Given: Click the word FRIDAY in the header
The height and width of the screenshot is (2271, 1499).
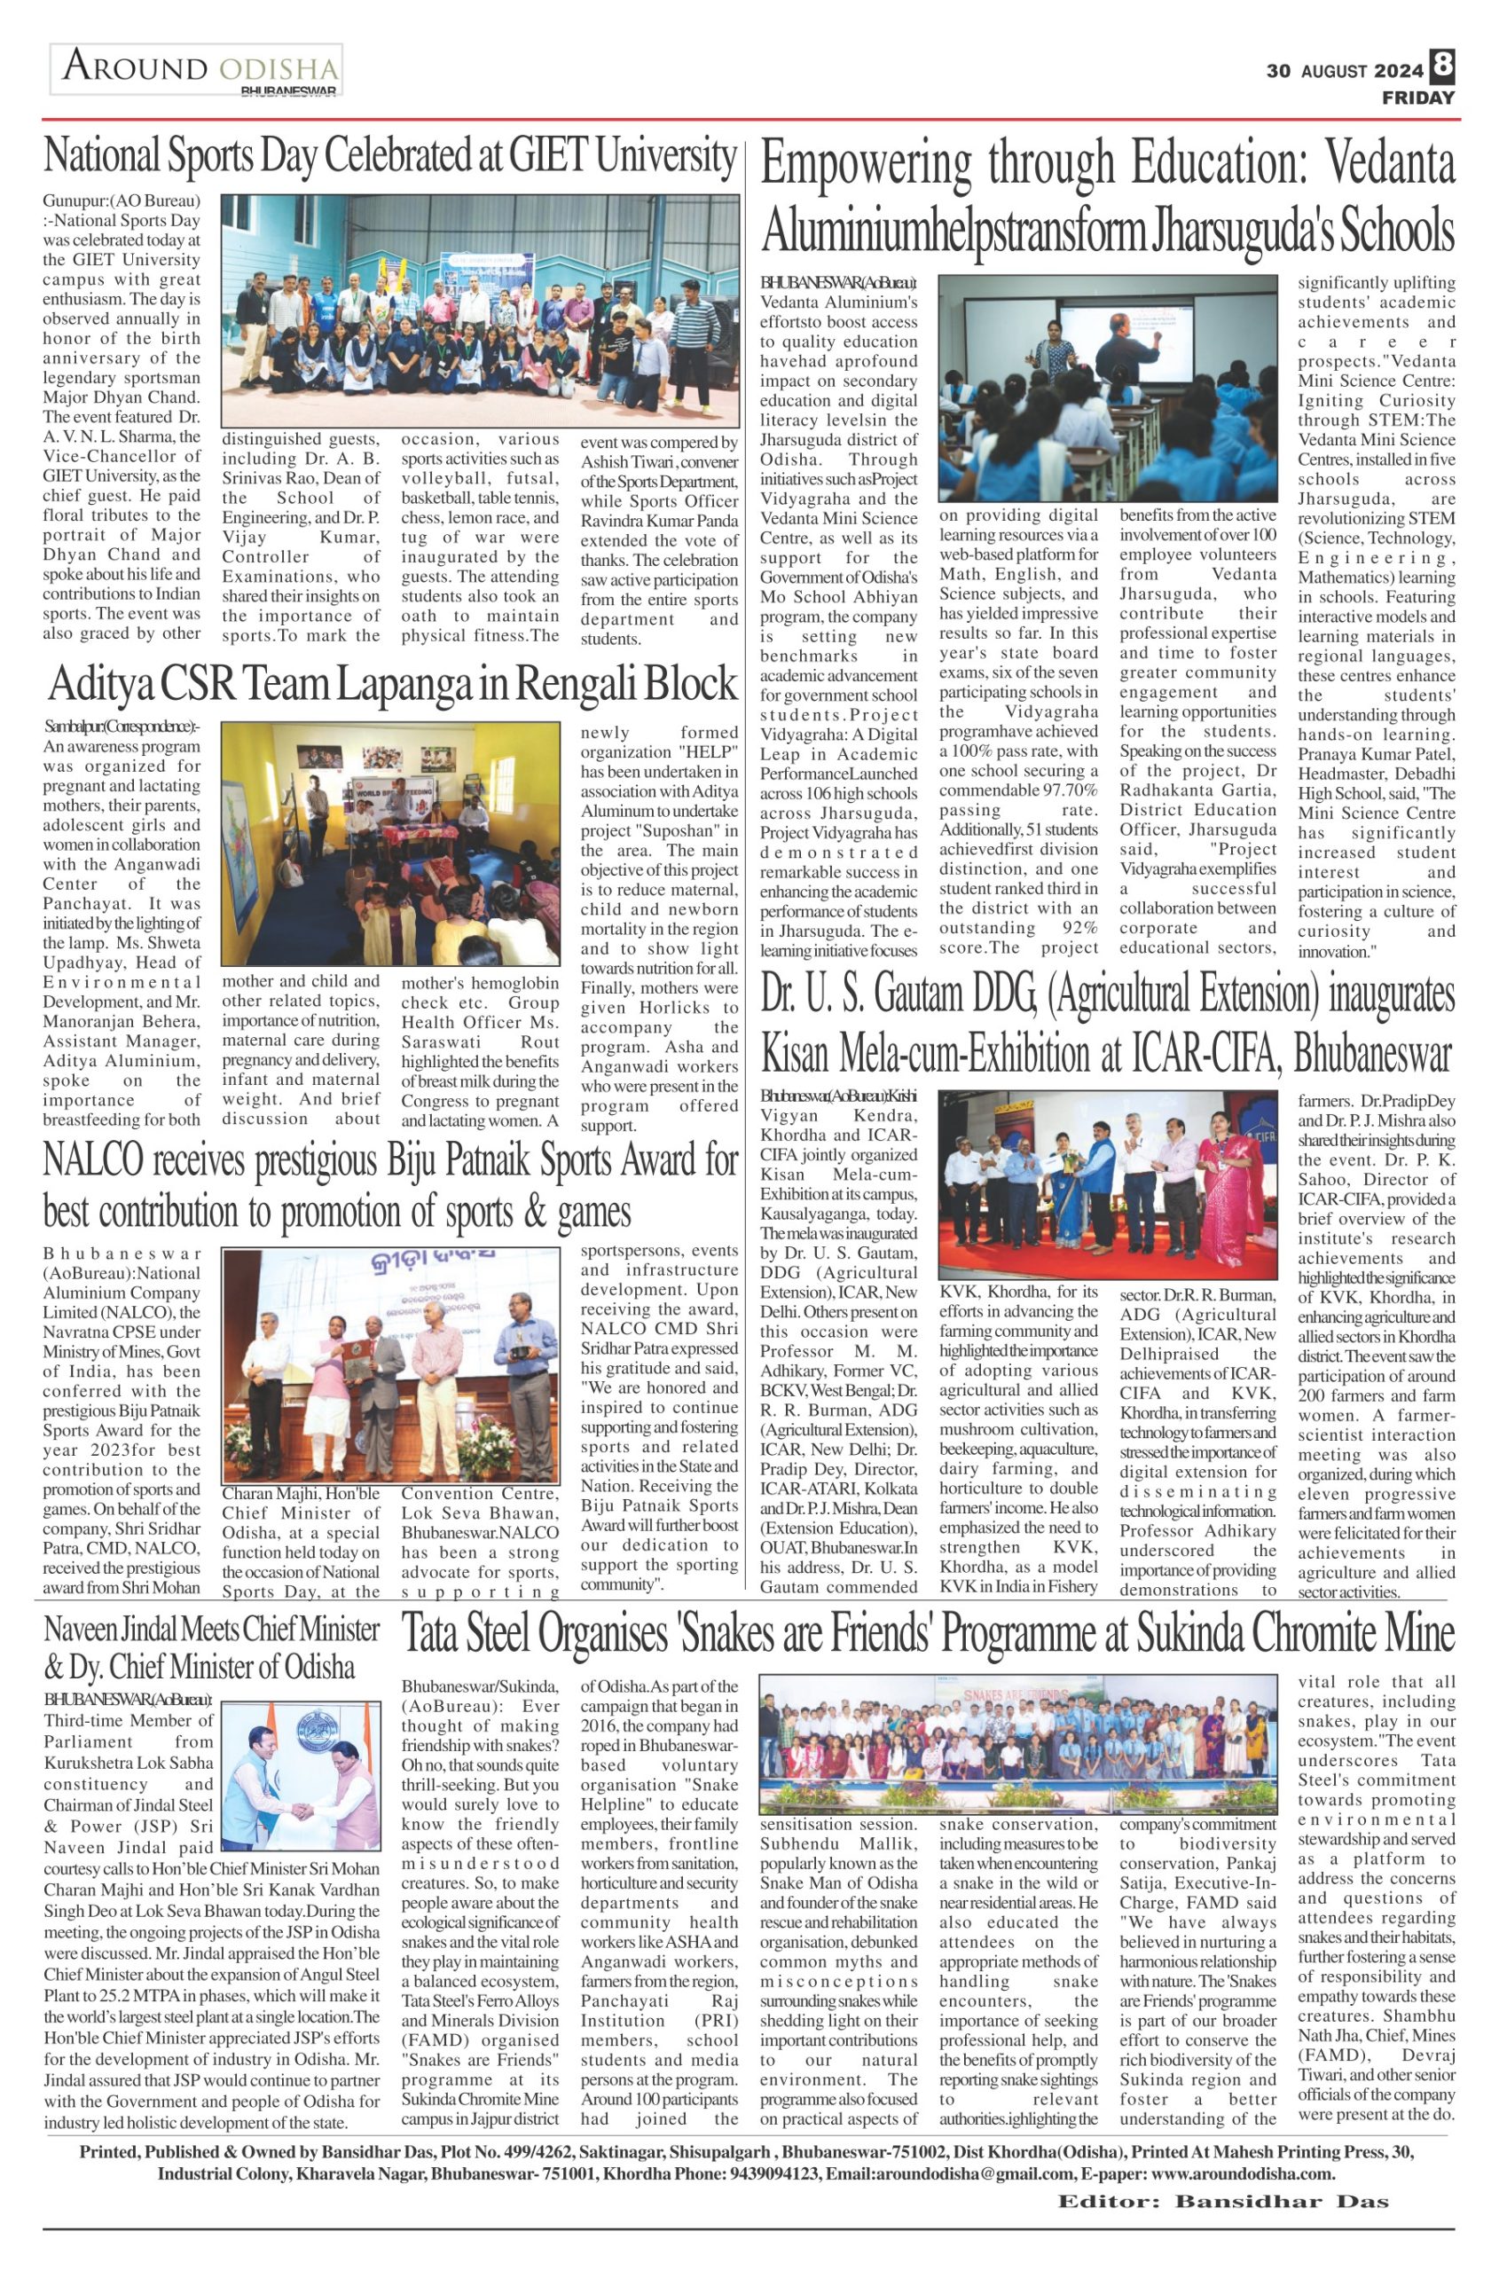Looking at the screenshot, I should pos(1417,98).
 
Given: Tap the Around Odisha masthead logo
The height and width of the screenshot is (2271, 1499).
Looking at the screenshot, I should pos(197,70).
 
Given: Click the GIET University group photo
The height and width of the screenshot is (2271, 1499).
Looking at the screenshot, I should pos(481,310).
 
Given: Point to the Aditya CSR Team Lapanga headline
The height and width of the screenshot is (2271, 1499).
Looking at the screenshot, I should pos(393,685).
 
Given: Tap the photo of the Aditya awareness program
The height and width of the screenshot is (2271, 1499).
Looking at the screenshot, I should pos(390,844).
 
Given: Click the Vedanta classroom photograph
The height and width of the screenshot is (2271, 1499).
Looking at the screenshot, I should pos(1107,388).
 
